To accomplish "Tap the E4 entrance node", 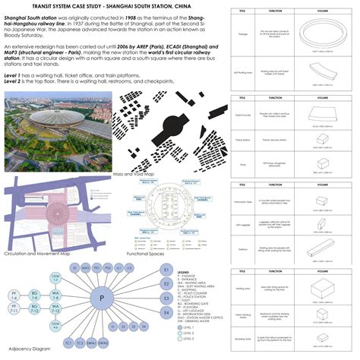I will coord(166,312).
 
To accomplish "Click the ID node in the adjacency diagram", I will coord(75,269).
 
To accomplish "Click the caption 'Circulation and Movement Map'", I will coord(39,252).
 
